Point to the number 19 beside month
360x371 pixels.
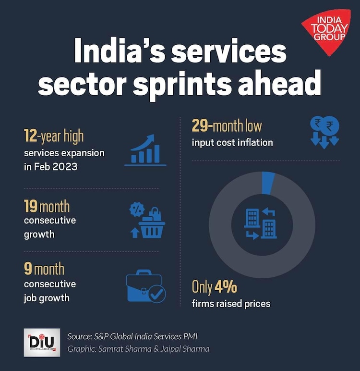(x=31, y=207)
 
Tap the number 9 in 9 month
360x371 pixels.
(x=28, y=269)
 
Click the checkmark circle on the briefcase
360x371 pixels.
(x=156, y=294)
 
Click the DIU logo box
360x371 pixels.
(x=42, y=342)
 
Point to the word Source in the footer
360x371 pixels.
(x=80, y=336)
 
